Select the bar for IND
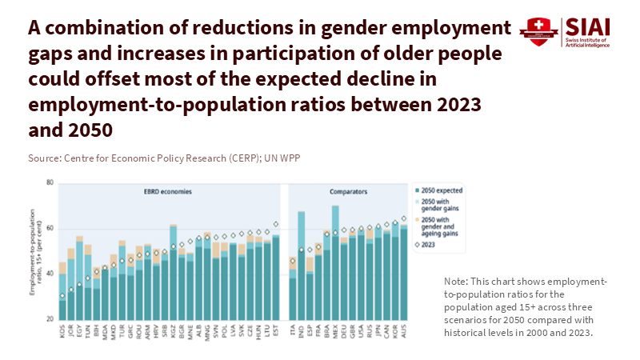[x=301, y=272]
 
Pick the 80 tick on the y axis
[x=50, y=183]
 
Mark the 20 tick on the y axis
[x=50, y=320]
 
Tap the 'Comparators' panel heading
[x=346, y=192]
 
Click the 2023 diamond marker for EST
[x=276, y=225]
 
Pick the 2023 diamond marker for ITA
[x=292, y=261]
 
